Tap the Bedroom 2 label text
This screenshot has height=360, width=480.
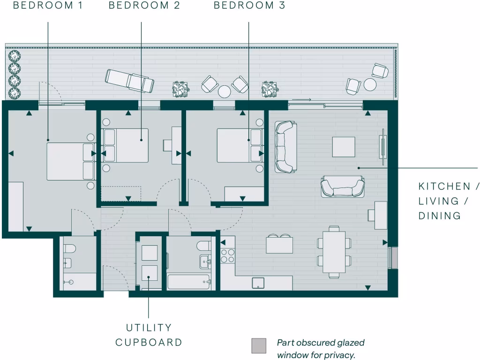point(144,6)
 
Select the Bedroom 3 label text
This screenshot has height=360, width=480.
point(249,6)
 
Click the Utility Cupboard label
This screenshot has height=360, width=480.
point(149,335)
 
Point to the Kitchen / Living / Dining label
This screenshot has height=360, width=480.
point(444,201)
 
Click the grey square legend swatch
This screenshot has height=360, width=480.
point(258,345)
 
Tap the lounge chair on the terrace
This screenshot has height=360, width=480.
point(129,80)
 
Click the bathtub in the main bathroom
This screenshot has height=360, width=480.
point(188,282)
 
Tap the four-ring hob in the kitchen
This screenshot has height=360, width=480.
point(228,255)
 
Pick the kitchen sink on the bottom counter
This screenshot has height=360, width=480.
point(258,283)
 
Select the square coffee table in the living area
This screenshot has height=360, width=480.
point(344,147)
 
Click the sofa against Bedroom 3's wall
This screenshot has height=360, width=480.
point(286,146)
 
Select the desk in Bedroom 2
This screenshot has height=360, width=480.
point(176,145)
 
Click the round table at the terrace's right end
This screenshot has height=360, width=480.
point(370,84)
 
